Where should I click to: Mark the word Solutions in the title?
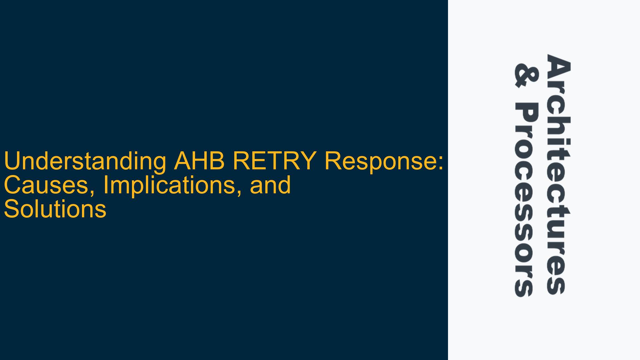pos(55,209)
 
